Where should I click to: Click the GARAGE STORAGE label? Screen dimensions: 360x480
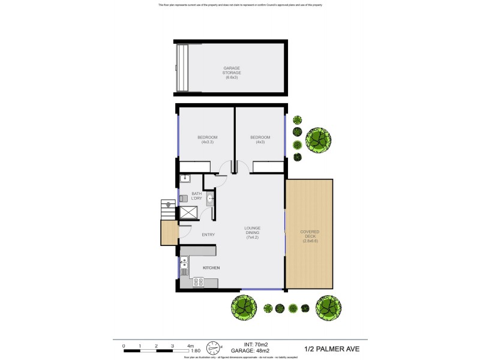pyautogui.click(x=232, y=73)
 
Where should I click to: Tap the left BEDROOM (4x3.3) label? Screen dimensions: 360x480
pyautogui.click(x=207, y=140)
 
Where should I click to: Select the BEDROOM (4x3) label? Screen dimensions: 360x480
pyautogui.click(x=260, y=140)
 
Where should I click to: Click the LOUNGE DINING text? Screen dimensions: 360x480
pyautogui.click(x=251, y=233)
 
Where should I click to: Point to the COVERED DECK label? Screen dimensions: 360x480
pyautogui.click(x=310, y=236)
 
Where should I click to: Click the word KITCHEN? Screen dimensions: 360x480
pyautogui.click(x=211, y=267)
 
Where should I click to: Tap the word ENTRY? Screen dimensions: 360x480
pyautogui.click(x=208, y=235)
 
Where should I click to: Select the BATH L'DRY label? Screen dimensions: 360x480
pyautogui.click(x=196, y=196)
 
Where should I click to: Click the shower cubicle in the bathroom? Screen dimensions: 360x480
pyautogui.click(x=189, y=212)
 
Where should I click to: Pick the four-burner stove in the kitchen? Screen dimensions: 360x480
pyautogui.click(x=197, y=281)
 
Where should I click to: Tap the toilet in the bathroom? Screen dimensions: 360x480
pyautogui.click(x=183, y=198)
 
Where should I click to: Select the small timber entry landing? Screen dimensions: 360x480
pyautogui.click(x=169, y=233)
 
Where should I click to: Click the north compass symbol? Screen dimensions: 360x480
pyautogui.click(x=214, y=347)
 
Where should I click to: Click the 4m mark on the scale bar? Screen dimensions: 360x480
pyautogui.click(x=190, y=346)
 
